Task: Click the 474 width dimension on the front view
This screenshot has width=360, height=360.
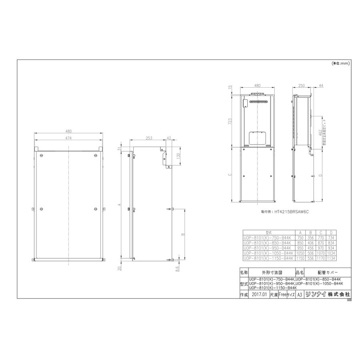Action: click(x=68, y=138)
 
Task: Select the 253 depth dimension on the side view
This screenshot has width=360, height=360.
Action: click(x=149, y=138)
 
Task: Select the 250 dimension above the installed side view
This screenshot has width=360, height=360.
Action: click(x=302, y=85)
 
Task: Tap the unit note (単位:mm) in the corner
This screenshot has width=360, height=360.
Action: click(x=340, y=64)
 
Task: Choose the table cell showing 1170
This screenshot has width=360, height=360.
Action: click(x=321, y=258)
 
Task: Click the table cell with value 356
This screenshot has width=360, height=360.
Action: click(x=310, y=237)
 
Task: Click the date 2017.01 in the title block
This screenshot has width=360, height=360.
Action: click(x=259, y=294)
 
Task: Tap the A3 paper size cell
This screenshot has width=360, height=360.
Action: click(x=300, y=294)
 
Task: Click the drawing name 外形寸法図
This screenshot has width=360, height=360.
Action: click(x=272, y=272)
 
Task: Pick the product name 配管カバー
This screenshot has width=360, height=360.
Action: click(x=327, y=272)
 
